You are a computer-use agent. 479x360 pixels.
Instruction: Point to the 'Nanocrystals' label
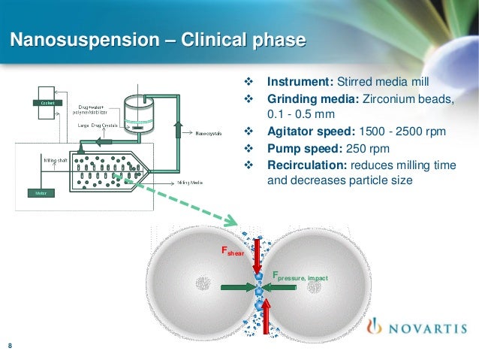click(209, 135)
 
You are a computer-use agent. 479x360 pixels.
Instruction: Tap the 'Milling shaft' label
click(52, 159)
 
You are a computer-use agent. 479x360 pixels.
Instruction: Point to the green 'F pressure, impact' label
click(300, 277)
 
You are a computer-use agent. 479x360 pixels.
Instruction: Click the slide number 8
click(10, 346)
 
